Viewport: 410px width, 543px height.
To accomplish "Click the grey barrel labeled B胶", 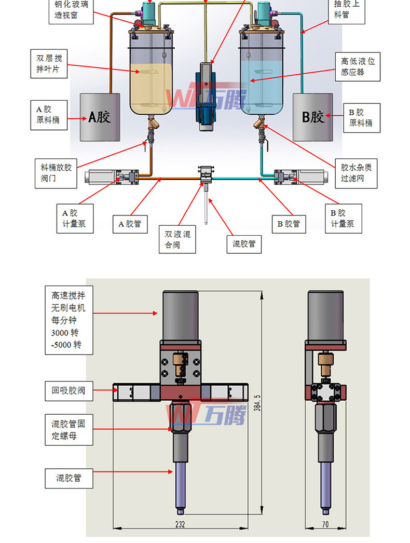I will point(313,117).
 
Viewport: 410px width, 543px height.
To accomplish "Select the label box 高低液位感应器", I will point(358,66).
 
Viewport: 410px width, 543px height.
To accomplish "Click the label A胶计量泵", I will point(75,219).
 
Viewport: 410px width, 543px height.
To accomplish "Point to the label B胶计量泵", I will point(343,219).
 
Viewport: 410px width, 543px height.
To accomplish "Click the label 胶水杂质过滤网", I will point(356,173).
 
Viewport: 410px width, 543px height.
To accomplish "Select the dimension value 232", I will point(181,524).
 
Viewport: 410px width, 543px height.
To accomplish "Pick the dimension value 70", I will point(325,524).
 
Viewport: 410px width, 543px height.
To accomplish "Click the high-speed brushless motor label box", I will point(68,320).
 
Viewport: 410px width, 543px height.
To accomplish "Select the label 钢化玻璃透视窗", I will point(73,10).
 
